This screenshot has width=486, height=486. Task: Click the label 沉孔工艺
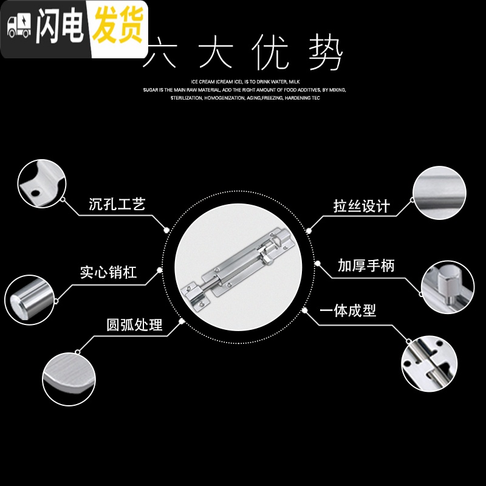(x=117, y=204)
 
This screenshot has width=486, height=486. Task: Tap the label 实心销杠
(x=109, y=272)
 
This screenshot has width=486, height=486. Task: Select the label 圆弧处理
(x=134, y=324)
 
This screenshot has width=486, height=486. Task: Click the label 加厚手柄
(x=366, y=265)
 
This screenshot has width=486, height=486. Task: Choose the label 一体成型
(x=347, y=310)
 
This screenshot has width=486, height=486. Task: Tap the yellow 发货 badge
(x=117, y=27)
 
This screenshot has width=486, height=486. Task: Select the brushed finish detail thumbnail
(x=439, y=192)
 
